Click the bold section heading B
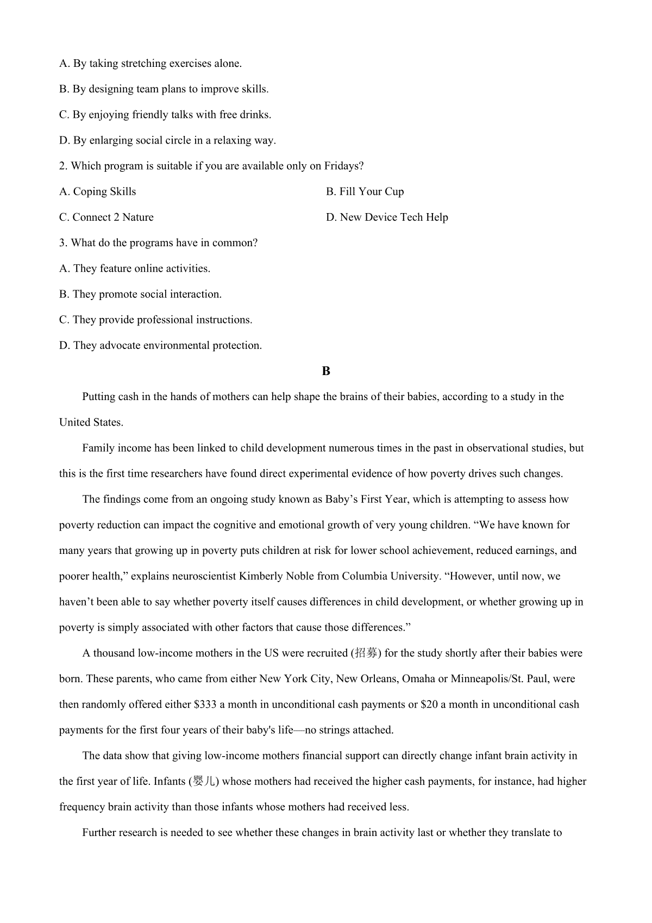[x=326, y=371]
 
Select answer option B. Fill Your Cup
[x=365, y=191]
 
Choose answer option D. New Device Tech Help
[x=387, y=217]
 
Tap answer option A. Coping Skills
[x=98, y=191]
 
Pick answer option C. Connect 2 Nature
[x=106, y=217]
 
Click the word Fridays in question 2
[x=343, y=166]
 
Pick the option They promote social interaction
[x=140, y=294]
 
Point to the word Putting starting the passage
[x=98, y=397]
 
